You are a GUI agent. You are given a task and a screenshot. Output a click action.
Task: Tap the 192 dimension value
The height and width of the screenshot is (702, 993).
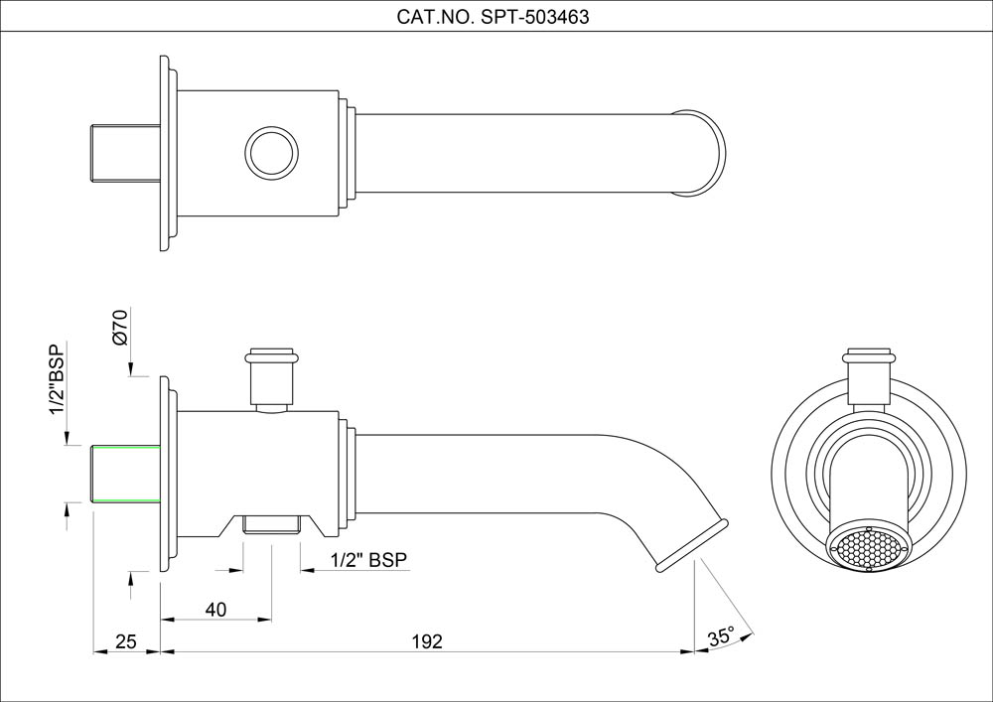pyautogui.click(x=426, y=641)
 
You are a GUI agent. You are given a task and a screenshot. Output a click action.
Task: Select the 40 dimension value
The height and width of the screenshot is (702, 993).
pyautogui.click(x=215, y=609)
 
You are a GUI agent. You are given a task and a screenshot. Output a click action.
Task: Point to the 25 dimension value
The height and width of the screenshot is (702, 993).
pyautogui.click(x=125, y=641)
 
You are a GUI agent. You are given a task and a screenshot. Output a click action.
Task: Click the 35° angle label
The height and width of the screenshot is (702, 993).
pyautogui.click(x=721, y=635)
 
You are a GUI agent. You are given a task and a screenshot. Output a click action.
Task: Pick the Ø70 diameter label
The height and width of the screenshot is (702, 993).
pyautogui.click(x=120, y=328)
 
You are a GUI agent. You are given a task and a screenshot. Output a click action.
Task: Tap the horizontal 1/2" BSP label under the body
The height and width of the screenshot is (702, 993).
pyautogui.click(x=368, y=561)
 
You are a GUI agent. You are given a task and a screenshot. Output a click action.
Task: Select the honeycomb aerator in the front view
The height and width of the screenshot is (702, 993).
pyautogui.click(x=867, y=547)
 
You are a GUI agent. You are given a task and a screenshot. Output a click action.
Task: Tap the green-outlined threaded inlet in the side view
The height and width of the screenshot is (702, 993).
pyautogui.click(x=125, y=475)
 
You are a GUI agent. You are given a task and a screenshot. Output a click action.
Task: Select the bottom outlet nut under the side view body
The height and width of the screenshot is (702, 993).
pyautogui.click(x=271, y=523)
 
